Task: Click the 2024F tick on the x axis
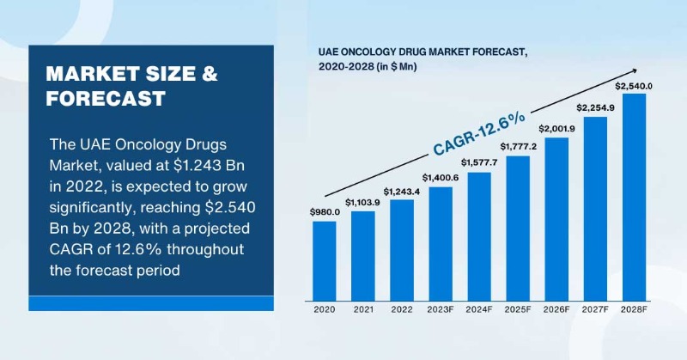pos(479,307)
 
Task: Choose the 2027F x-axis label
pos(595,307)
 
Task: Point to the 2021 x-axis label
pos(362,307)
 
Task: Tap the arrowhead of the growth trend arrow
pos(634,70)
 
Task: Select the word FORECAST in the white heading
pos(106,99)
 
